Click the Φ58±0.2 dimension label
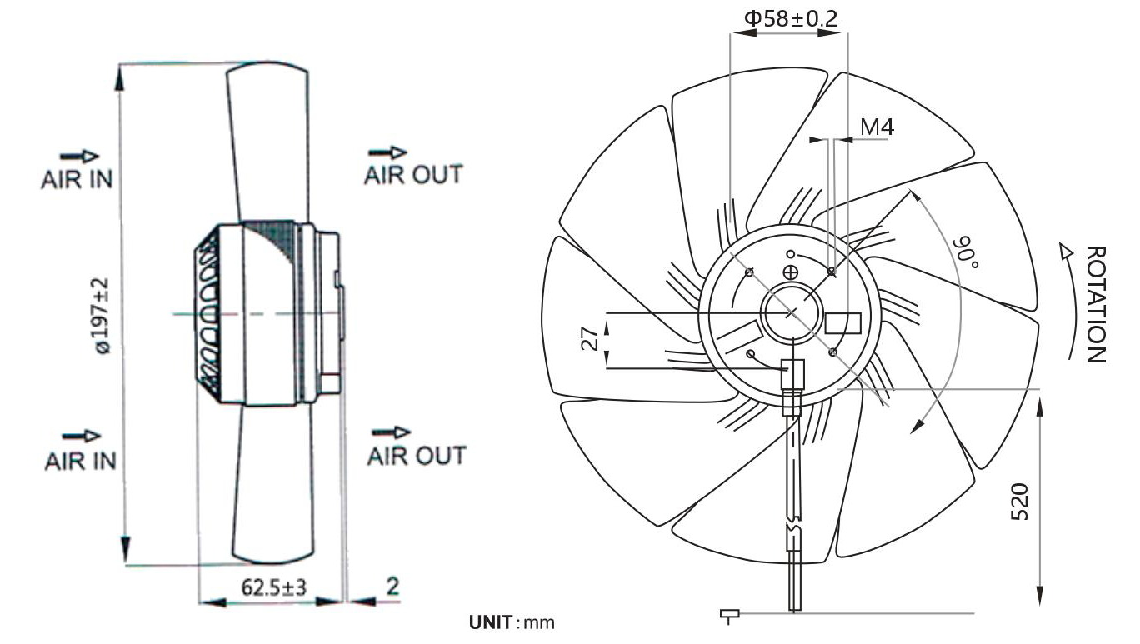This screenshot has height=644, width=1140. (790, 19)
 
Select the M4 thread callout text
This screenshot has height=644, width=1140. (877, 127)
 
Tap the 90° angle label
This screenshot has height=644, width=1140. (966, 252)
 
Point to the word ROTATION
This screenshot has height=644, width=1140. (1096, 304)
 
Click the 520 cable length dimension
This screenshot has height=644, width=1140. (1019, 502)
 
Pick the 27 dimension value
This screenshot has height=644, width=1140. (590, 339)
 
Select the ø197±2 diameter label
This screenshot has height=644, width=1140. (100, 316)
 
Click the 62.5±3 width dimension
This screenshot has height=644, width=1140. (274, 587)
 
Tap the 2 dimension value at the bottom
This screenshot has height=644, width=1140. (392, 587)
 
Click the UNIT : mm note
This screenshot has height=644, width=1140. (512, 622)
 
